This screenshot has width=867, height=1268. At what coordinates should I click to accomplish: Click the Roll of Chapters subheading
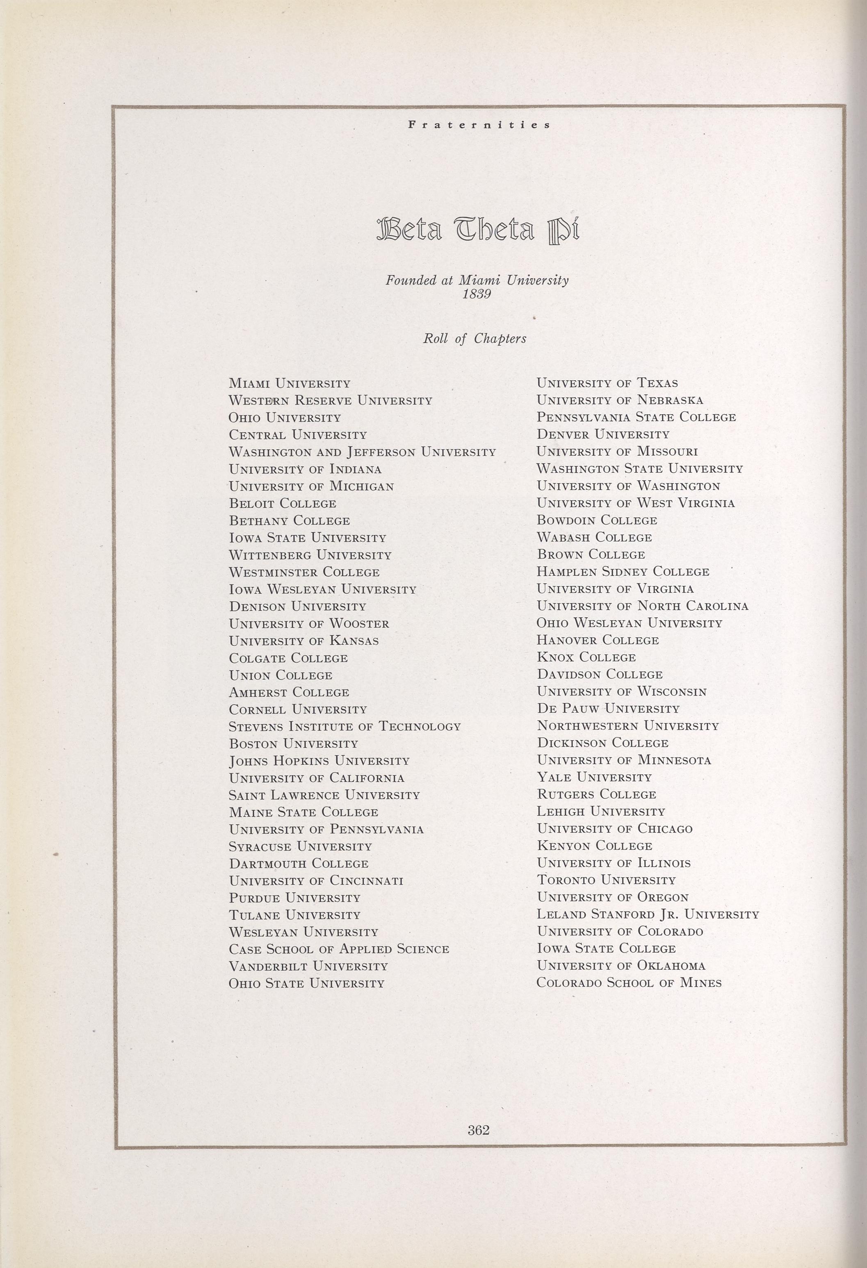point(475,339)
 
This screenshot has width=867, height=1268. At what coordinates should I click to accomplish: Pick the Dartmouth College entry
point(299,864)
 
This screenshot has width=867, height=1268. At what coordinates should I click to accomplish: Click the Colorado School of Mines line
point(629,983)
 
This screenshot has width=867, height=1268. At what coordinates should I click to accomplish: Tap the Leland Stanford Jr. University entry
point(648,914)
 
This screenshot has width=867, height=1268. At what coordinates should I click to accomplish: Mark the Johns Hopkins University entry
point(319,761)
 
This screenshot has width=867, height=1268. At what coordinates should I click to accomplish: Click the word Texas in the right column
point(657,383)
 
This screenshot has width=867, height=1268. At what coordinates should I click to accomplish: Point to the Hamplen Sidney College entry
point(623,572)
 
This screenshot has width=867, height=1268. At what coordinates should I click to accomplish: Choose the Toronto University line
point(606,880)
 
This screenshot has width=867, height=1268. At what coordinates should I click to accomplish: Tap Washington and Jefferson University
point(362,452)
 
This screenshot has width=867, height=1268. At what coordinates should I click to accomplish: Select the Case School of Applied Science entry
point(339,949)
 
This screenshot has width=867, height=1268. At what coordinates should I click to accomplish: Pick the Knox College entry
point(586,657)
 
